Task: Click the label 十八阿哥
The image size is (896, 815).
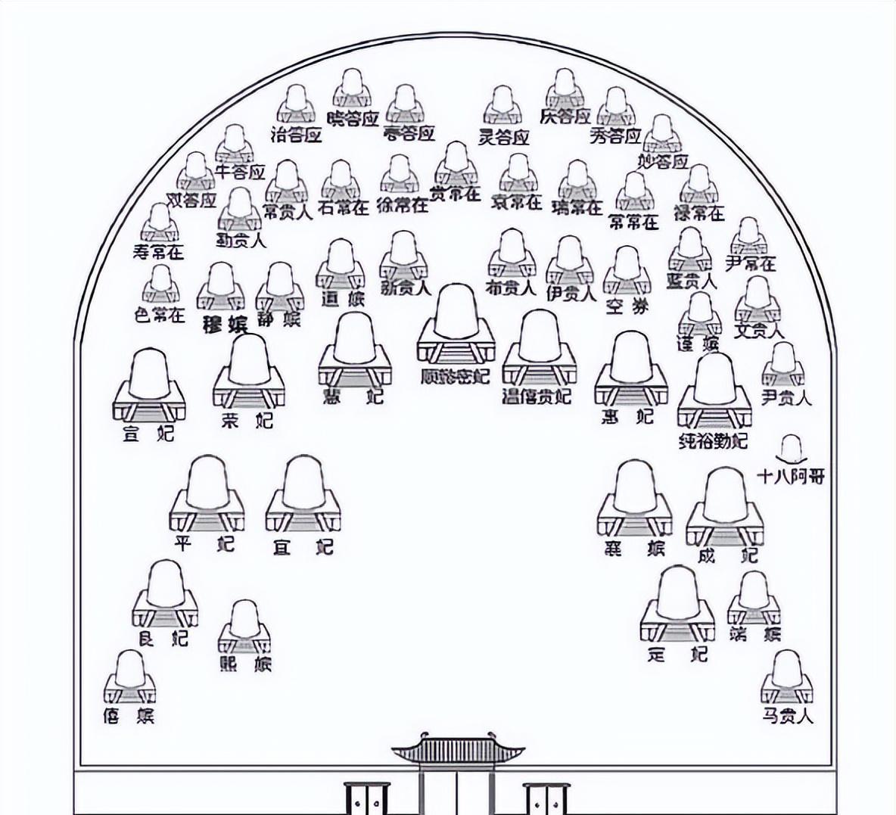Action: pyautogui.click(x=791, y=476)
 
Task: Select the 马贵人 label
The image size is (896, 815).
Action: pyautogui.click(x=788, y=715)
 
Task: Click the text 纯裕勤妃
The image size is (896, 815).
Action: pyautogui.click(x=713, y=440)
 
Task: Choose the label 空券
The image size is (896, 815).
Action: pyautogui.click(x=627, y=306)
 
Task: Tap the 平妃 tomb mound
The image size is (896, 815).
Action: pyautogui.click(x=207, y=484)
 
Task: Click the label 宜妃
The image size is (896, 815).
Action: pyautogui.click(x=303, y=545)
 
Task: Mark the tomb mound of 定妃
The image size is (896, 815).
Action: pyautogui.click(x=677, y=595)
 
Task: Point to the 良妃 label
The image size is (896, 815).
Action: pyautogui.click(x=163, y=638)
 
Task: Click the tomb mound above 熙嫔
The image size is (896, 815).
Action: pyautogui.click(x=244, y=621)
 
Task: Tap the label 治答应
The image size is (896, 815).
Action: pyautogui.click(x=297, y=135)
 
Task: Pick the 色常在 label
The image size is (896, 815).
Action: pyautogui.click(x=160, y=315)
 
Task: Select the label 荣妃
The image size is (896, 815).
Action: pyautogui.click(x=247, y=421)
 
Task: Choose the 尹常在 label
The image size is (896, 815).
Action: pyautogui.click(x=750, y=263)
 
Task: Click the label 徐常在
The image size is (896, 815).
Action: pyautogui.click(x=403, y=204)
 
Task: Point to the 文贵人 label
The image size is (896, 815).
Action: pyautogui.click(x=759, y=331)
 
